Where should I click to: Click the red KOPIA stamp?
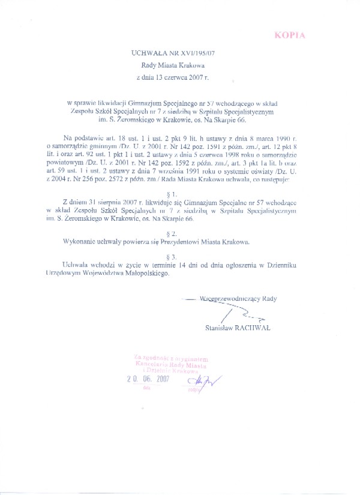(x=290, y=35)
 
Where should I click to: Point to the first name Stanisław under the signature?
(x=220, y=327)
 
